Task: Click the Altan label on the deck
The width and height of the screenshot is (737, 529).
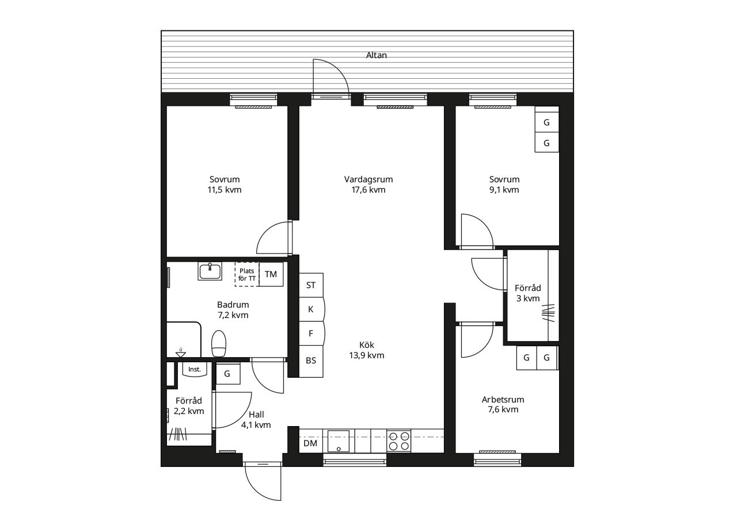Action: coord(377,55)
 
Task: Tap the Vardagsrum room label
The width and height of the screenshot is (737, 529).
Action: coord(368,179)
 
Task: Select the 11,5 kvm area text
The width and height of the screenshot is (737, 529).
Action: coord(225,190)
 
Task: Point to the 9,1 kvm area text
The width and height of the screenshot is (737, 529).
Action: coord(504,190)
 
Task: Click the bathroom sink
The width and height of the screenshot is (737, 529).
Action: coord(210,271)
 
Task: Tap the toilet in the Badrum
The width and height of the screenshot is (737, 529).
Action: coord(219,343)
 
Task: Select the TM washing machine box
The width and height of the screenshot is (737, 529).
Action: coord(271,274)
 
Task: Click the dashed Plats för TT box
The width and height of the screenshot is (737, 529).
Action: coord(247,274)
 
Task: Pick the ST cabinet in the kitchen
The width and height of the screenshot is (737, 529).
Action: coord(311,285)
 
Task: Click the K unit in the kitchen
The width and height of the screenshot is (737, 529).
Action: coord(311,309)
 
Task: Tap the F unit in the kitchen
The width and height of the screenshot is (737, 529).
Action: coord(311,333)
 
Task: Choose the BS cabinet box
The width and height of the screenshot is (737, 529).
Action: coord(311,361)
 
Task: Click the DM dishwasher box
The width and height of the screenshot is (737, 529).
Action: coord(310,443)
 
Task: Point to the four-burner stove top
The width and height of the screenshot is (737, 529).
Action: coord(399,441)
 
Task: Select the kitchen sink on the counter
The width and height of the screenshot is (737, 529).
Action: coord(339,441)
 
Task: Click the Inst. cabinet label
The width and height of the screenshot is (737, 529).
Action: coord(195,369)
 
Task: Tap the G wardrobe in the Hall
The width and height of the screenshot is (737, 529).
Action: coord(227,373)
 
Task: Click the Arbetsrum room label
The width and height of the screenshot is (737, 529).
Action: coord(503,400)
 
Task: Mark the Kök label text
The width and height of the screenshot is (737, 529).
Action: coord(367,345)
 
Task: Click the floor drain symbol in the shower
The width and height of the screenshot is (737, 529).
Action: coord(181,354)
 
